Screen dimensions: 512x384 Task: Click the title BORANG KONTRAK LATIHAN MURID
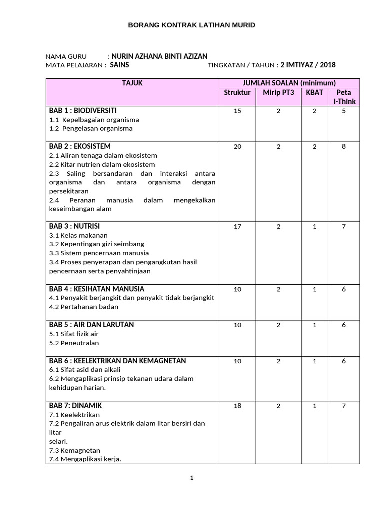[x=192, y=25]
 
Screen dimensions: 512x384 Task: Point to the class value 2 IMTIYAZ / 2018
[x=308, y=65]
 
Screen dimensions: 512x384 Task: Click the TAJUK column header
[x=132, y=83]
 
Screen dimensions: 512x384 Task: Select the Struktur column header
[x=237, y=93]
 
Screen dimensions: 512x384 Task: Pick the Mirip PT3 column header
[x=278, y=93]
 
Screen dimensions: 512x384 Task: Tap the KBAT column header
[x=314, y=93]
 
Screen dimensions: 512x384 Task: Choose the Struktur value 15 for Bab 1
[x=237, y=111]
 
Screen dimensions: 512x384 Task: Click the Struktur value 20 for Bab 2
[x=237, y=147]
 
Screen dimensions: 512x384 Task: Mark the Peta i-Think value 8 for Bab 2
[x=344, y=147]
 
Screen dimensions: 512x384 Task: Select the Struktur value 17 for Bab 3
[x=237, y=226]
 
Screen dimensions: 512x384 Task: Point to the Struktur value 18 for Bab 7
[x=237, y=406]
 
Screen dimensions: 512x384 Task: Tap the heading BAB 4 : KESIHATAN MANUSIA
[x=97, y=289]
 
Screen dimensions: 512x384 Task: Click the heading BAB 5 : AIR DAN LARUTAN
[x=91, y=325]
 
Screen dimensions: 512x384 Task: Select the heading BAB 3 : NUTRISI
[x=75, y=226]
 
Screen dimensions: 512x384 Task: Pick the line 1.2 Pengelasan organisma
[x=91, y=128]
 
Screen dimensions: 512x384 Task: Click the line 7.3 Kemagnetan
[x=75, y=450]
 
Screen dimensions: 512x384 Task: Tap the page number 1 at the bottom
[x=192, y=478]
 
